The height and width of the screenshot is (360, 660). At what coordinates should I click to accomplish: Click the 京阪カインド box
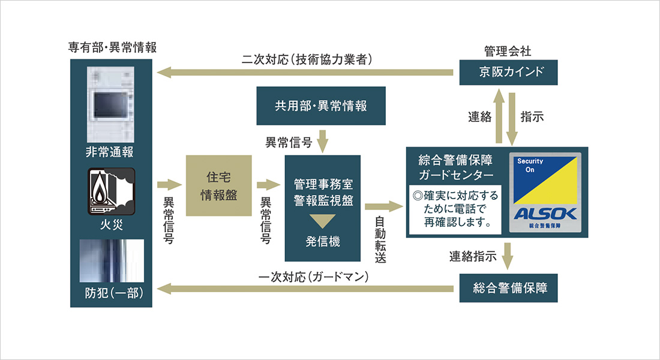(509, 73)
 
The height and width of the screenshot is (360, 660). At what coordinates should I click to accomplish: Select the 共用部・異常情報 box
(320, 106)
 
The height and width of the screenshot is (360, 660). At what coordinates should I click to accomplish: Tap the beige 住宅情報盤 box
(218, 186)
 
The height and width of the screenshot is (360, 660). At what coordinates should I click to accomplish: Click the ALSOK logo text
(545, 213)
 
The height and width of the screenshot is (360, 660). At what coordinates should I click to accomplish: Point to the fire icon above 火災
(112, 191)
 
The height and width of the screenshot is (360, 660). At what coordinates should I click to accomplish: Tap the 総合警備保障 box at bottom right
(509, 289)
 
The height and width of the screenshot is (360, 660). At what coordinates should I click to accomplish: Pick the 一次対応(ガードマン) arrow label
(313, 277)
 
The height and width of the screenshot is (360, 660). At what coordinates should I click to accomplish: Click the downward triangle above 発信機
(322, 220)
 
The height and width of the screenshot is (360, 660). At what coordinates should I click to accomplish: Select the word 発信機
(323, 242)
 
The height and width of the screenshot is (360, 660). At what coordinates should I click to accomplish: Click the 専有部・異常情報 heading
(112, 48)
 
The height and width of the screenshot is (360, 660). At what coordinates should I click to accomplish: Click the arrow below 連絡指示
(509, 256)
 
